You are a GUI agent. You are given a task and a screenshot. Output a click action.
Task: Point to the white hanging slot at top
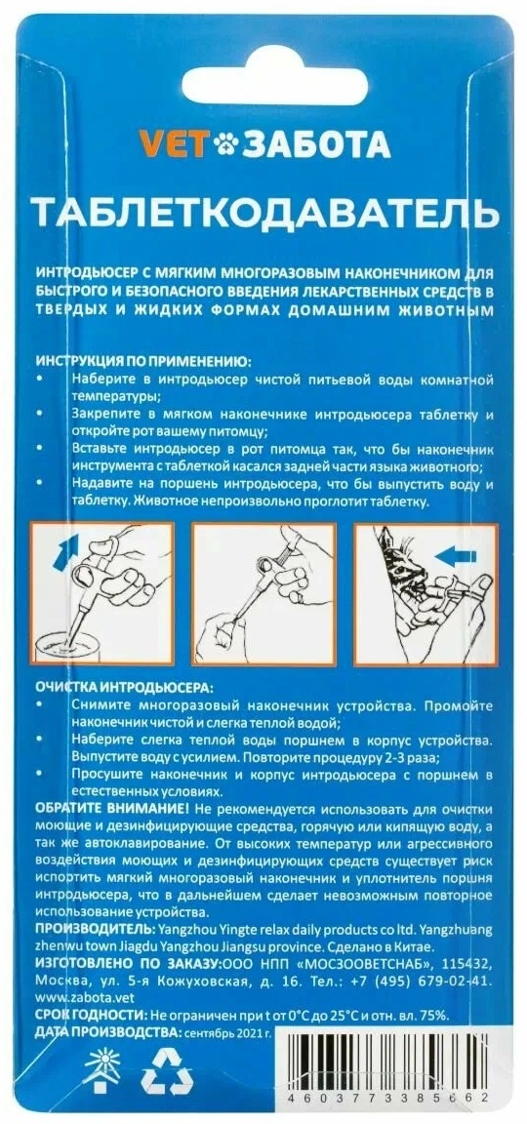click(x=274, y=85)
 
